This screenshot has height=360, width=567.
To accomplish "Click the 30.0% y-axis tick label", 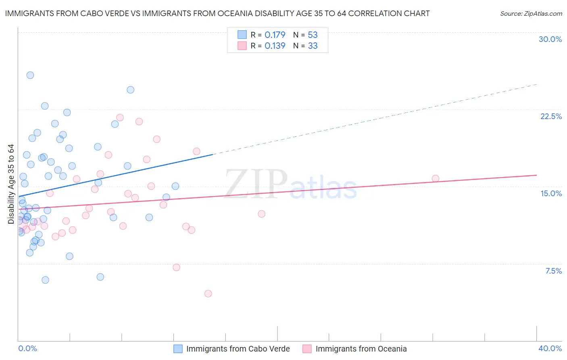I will (550, 39).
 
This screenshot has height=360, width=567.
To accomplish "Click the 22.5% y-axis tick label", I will (551, 116).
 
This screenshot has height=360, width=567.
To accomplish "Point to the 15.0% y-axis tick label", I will (551, 193).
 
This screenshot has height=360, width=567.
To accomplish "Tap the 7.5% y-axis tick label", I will (553, 271).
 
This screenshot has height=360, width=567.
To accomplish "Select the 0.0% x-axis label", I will (27, 348).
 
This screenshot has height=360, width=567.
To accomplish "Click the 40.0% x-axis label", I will (550, 348).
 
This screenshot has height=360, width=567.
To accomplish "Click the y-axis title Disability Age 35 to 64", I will (11, 184).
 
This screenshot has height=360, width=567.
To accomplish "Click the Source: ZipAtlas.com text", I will (531, 14).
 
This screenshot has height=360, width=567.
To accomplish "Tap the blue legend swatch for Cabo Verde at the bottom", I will (178, 349).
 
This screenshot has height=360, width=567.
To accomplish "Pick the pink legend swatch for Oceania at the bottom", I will (307, 349).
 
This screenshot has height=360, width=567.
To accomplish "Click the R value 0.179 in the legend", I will (275, 35).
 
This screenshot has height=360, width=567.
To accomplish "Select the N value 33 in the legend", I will (313, 46).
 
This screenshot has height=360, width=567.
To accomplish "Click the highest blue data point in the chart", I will (30, 75).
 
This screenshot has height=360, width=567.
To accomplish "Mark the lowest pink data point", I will (208, 293).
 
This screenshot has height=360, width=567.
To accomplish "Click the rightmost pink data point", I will (435, 178).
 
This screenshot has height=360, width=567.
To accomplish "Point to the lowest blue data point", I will (45, 280).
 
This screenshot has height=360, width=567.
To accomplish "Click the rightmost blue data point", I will (175, 186).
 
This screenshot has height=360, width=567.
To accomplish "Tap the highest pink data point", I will (120, 117).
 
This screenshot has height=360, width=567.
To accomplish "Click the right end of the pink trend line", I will (536, 175).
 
